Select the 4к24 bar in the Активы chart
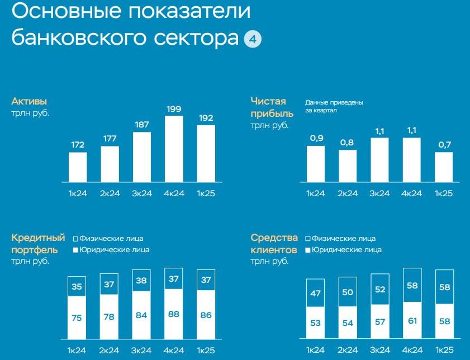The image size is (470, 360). point(174,148)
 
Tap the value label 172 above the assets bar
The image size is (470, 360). point(78,145)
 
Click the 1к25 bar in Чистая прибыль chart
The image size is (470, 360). point(444,167)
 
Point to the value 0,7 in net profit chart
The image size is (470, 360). point(444,145)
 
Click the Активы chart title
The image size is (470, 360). point(29,102)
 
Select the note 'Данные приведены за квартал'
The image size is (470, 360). point(334,106)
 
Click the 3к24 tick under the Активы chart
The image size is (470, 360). point(142,193)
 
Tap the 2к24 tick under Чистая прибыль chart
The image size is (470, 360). point(348,193)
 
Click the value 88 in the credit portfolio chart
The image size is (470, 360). point(174,314)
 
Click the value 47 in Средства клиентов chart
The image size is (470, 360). point(315,293)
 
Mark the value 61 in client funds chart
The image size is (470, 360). point(412,320)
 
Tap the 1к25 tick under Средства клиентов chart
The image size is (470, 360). point(444,350)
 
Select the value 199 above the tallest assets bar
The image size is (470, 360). point(174,108)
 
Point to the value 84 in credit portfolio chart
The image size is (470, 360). point(141,315)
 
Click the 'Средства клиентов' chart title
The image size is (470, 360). point(273,244)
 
